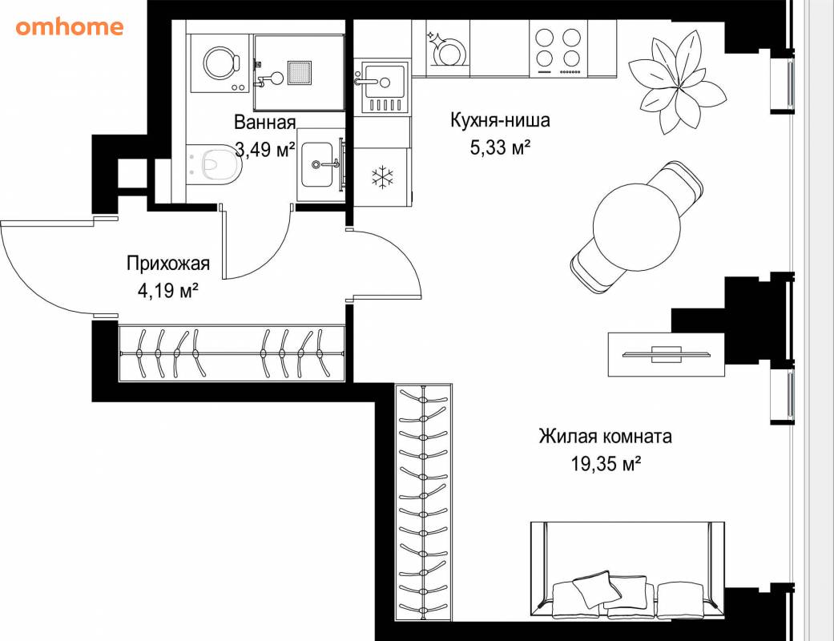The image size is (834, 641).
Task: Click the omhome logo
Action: (x=70, y=26)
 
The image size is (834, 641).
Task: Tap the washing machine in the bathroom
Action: (x=220, y=64)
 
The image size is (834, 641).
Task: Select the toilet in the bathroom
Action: (x=215, y=164)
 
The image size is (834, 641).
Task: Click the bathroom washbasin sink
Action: (x=317, y=164)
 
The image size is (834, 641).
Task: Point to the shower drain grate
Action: (x=300, y=73)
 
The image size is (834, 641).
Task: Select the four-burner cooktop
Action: (x=558, y=50)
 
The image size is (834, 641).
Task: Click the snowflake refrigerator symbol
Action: (x=382, y=177)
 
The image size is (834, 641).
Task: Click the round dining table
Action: (x=637, y=228)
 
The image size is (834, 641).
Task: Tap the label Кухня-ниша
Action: (x=500, y=120)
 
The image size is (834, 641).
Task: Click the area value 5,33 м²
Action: (x=500, y=147)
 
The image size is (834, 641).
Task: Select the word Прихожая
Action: (x=168, y=264)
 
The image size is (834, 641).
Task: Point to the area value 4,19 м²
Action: (x=168, y=290)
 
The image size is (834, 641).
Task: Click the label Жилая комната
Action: (x=606, y=437)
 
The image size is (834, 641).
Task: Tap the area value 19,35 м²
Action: (x=606, y=463)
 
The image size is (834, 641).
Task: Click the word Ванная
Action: (x=265, y=123)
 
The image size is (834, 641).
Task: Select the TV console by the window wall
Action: (x=667, y=354)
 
